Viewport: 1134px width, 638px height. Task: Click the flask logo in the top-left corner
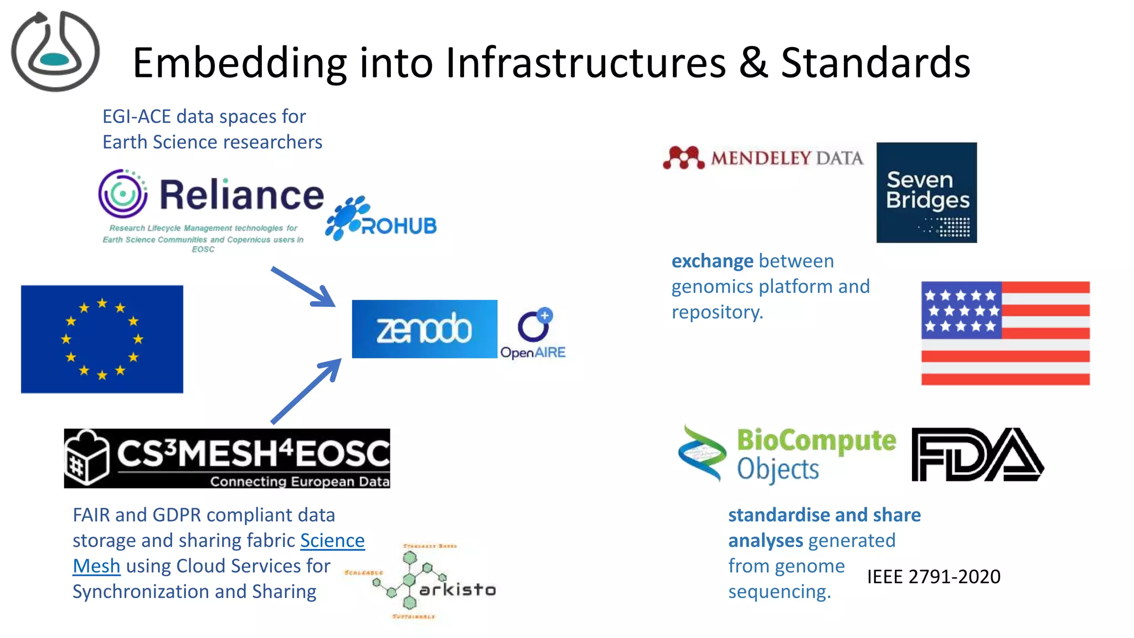tap(55, 51)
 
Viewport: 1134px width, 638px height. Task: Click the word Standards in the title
tap(875, 63)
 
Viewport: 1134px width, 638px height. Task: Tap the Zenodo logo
tap(424, 329)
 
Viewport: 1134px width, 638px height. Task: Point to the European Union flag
tap(102, 339)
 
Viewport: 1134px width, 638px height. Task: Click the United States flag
tap(1005, 333)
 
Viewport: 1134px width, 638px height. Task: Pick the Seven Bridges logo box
tap(926, 193)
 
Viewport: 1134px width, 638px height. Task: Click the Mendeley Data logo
tap(763, 158)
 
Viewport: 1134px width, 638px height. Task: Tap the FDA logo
tap(977, 455)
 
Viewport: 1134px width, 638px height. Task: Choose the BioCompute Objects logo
tap(787, 454)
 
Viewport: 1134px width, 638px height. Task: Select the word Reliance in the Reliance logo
tap(241, 195)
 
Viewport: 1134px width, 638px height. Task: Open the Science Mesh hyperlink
tap(332, 541)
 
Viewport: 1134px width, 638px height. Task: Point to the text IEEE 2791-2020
tap(934, 577)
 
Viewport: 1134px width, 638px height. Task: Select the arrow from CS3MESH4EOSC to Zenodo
tap(306, 391)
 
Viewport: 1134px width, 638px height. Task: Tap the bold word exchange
tap(712, 261)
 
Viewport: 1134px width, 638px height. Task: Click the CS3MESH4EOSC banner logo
tap(226, 458)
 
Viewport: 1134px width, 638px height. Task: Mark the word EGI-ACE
tap(136, 117)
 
